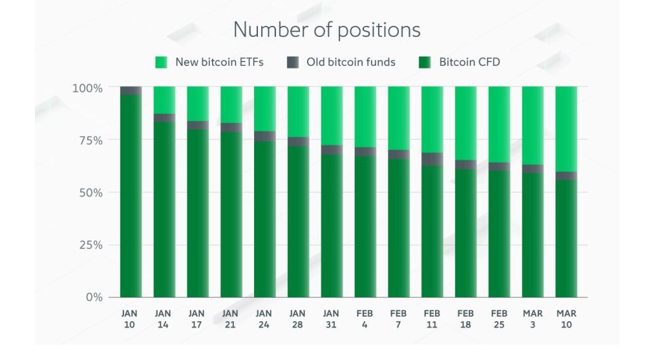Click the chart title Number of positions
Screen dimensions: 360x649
tap(326, 30)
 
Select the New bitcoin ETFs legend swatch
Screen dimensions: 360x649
tap(162, 63)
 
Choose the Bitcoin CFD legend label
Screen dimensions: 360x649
tap(469, 63)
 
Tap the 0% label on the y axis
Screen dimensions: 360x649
tap(93, 297)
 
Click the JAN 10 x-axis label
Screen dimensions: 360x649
tap(130, 319)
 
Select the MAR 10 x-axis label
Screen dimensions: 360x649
tap(566, 319)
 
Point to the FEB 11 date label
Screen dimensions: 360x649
tap(432, 319)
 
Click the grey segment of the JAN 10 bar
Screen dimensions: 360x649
tap(131, 90)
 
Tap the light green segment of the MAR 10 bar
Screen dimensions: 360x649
tap(566, 129)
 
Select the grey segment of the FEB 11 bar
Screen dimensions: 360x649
tap(432, 159)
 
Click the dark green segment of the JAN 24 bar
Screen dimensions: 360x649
tap(264, 219)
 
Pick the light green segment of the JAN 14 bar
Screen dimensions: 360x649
tap(164, 100)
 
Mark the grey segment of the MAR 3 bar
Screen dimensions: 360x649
tap(533, 169)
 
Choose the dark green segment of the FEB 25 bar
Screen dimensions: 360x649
tap(499, 233)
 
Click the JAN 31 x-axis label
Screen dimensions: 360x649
tap(331, 319)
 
